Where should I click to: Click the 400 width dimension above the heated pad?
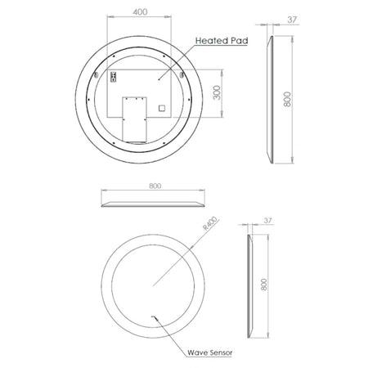tap(140, 12)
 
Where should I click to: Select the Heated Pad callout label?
tap(222, 41)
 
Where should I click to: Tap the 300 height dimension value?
tap(217, 92)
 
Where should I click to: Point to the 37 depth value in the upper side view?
tap(292, 20)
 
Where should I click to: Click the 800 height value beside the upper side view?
tap(287, 99)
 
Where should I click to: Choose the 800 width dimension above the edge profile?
tap(155, 186)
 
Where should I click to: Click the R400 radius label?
tap(210, 223)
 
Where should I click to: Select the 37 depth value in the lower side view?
tap(268, 220)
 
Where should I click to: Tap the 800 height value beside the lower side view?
tap(263, 285)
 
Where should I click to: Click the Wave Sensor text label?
tap(210, 352)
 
